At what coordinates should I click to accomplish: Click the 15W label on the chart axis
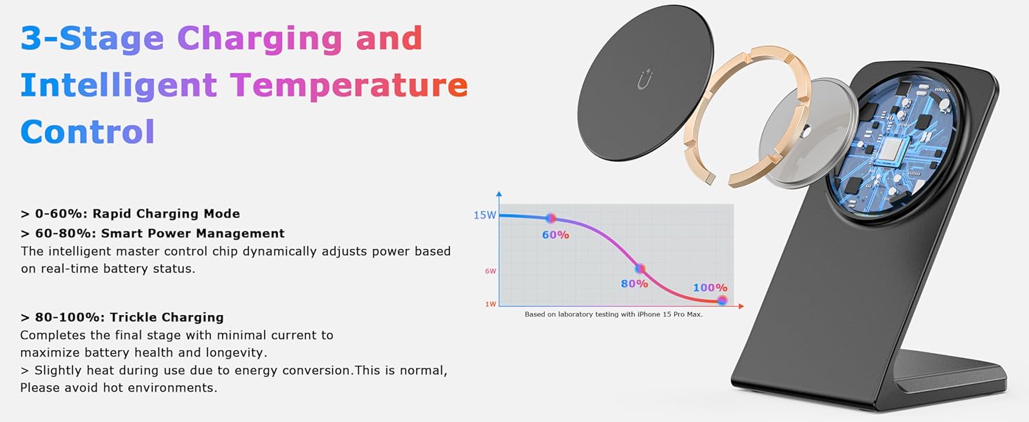[x=485, y=215]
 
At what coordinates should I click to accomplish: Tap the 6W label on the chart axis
[x=491, y=271]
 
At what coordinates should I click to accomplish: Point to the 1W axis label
[x=491, y=304]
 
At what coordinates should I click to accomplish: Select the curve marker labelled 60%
[x=550, y=218]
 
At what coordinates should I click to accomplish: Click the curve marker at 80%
[x=640, y=269]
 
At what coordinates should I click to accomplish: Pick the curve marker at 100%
[x=722, y=300]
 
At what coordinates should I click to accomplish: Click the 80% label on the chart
[x=635, y=283]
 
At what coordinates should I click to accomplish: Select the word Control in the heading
[x=87, y=132]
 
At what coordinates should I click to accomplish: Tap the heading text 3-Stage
[x=92, y=38]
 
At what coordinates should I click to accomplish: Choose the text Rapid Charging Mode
[x=166, y=214]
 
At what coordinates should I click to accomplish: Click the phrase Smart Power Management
[x=193, y=234]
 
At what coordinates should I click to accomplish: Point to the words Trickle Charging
[x=167, y=317]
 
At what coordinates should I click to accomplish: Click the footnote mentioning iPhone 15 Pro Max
[x=614, y=314]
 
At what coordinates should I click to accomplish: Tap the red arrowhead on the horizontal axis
[x=740, y=306]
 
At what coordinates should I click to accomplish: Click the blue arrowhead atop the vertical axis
[x=499, y=194]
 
